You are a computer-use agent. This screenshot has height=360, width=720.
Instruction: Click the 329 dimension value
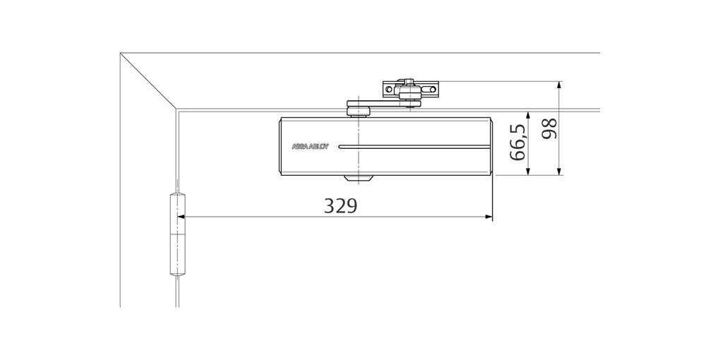click(x=341, y=205)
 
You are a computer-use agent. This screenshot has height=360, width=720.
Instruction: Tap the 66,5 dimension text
click(x=517, y=143)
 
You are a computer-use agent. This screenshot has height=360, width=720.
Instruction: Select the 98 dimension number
click(x=549, y=128)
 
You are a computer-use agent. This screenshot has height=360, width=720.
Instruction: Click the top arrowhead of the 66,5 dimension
click(x=528, y=115)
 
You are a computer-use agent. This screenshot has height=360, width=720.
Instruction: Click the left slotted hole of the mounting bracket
click(x=388, y=90)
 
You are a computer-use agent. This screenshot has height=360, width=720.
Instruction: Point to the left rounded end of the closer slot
click(x=342, y=148)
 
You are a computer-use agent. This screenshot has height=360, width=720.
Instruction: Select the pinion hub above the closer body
click(x=359, y=109)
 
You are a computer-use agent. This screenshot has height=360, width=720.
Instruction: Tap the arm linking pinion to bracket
click(x=385, y=105)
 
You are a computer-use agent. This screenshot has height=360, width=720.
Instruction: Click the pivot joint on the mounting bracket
click(x=407, y=90)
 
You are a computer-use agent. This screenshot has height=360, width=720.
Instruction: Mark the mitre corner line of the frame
click(x=149, y=81)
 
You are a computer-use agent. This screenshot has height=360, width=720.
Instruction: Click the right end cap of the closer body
click(x=488, y=147)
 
